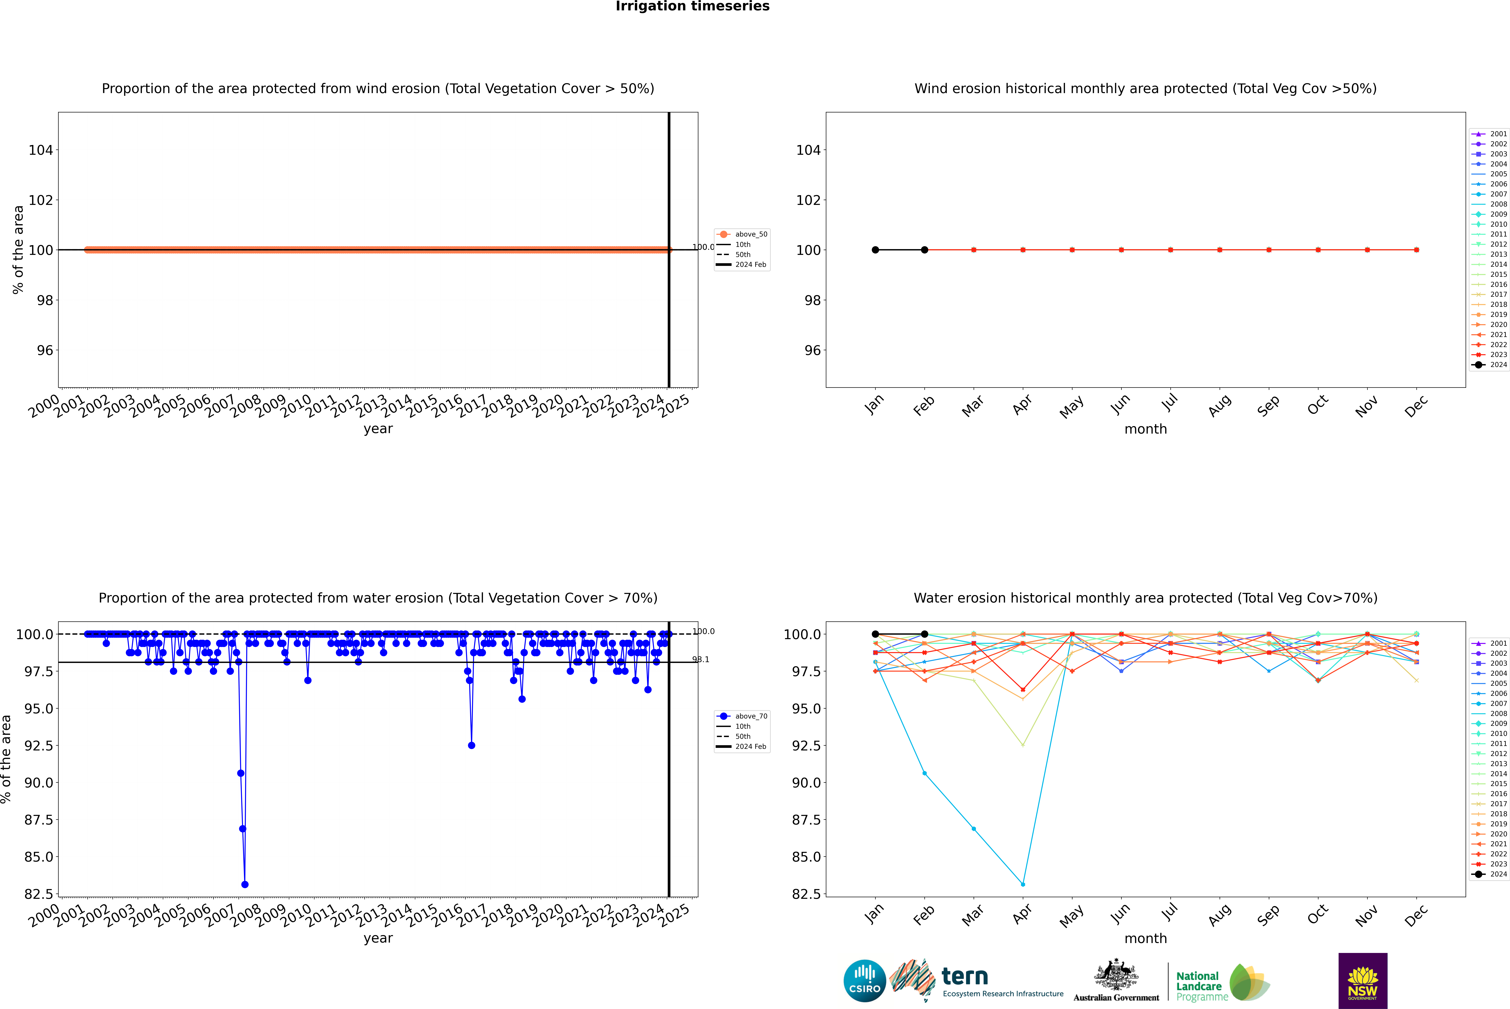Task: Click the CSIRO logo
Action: click(x=865, y=981)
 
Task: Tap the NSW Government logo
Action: click(x=1363, y=981)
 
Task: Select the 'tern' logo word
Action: click(x=964, y=976)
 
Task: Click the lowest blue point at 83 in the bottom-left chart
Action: click(x=245, y=884)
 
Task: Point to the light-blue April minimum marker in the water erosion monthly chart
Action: click(x=1023, y=884)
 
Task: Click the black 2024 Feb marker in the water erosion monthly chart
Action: click(x=924, y=634)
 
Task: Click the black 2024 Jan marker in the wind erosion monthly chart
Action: click(x=875, y=250)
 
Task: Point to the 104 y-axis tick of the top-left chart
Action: click(x=41, y=150)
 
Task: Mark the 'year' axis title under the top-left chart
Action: click(x=378, y=429)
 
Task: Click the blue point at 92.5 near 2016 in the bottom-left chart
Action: click(x=471, y=745)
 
